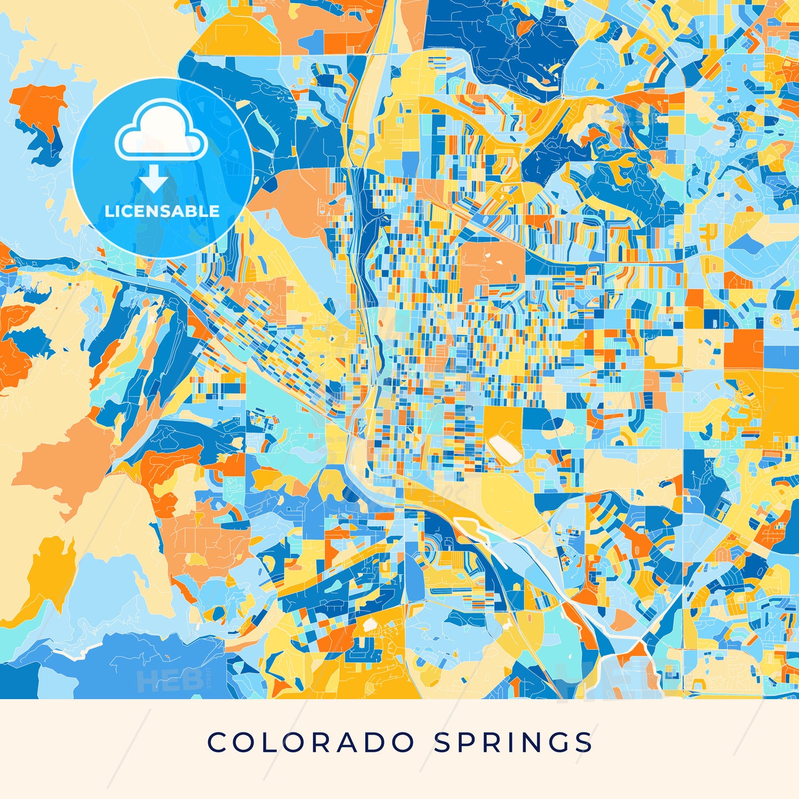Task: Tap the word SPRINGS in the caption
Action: (513, 742)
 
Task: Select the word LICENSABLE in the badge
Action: (162, 211)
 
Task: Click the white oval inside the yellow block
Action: (504, 448)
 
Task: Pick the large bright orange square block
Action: (743, 348)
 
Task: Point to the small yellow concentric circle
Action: (776, 321)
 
